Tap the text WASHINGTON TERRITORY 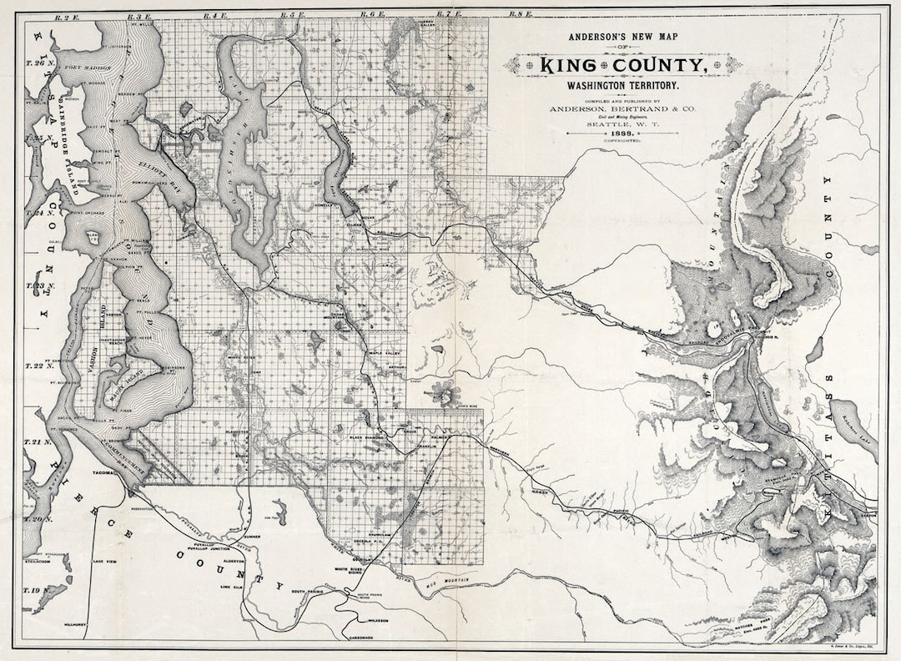(623, 86)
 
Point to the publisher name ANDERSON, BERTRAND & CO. (622, 108)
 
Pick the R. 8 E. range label (521, 14)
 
